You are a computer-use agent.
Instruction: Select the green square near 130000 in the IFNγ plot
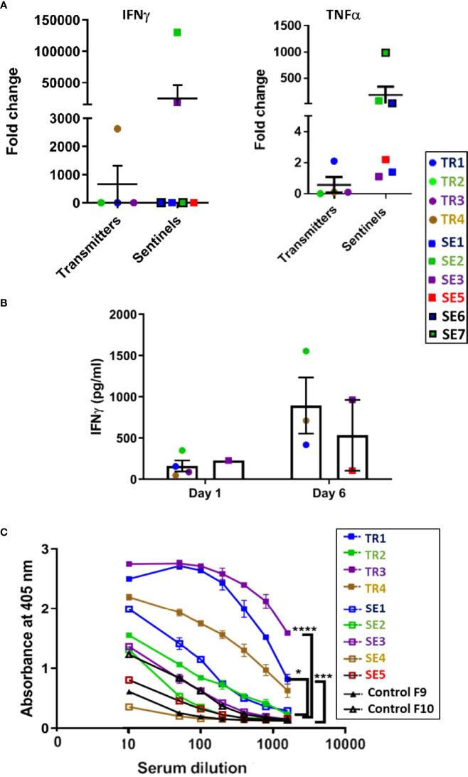(177, 32)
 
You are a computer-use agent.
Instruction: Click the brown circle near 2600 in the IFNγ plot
(117, 129)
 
